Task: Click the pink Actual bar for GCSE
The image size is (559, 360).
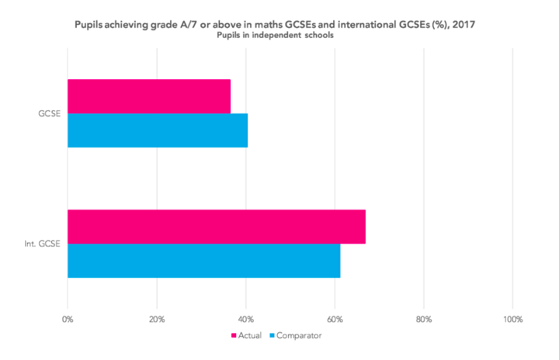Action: [148, 96]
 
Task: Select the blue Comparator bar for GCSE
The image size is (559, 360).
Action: [157, 130]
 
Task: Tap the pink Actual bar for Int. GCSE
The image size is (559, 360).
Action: [216, 227]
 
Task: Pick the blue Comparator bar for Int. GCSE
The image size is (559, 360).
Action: [203, 261]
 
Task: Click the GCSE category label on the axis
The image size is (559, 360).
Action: [50, 113]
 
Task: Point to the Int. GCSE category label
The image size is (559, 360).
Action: [45, 244]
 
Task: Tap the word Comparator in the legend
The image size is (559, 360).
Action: [300, 336]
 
